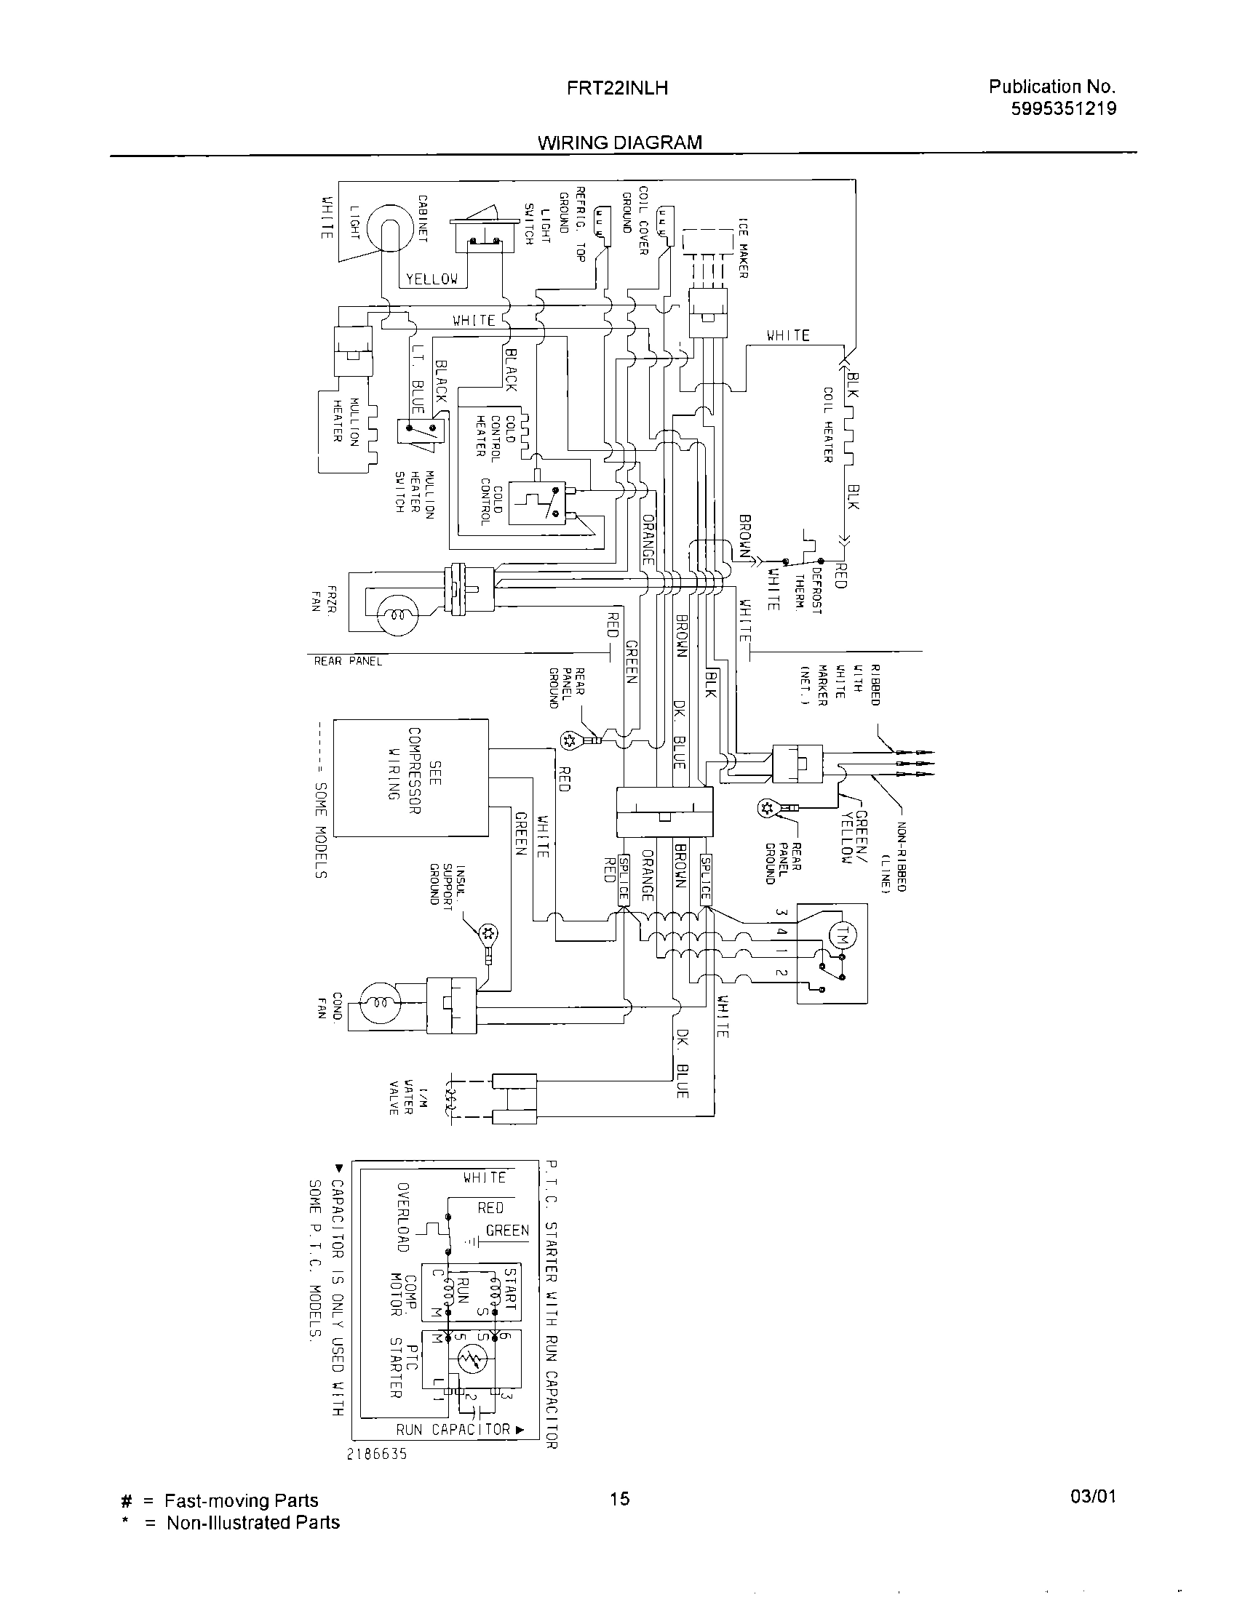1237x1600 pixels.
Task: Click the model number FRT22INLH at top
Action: coord(617,89)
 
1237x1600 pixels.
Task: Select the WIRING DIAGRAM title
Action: coord(620,143)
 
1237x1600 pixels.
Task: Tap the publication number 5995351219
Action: coord(1063,109)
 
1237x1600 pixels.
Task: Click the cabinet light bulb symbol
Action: coord(391,225)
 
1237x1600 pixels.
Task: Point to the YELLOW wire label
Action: coord(432,279)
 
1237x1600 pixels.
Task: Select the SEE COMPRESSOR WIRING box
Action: coord(411,777)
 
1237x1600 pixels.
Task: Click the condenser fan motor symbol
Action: coord(380,1001)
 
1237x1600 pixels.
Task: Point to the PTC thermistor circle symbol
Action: coord(472,1361)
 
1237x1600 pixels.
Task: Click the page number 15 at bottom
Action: coord(619,1499)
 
